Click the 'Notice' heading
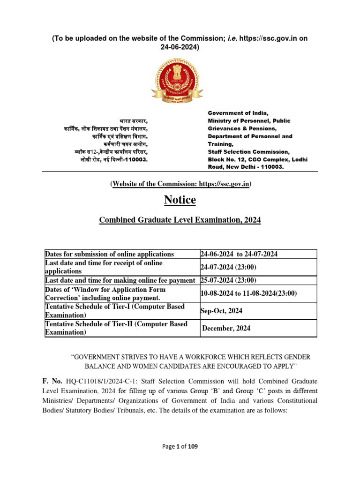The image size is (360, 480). (x=180, y=200)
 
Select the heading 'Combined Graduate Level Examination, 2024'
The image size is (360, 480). (x=180, y=220)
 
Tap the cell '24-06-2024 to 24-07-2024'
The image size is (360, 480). (x=239, y=254)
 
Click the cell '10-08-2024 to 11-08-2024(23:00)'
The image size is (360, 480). (x=248, y=293)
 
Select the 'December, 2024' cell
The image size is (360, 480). (x=226, y=328)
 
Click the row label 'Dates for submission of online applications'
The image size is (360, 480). (x=109, y=254)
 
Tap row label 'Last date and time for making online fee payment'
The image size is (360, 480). (x=120, y=280)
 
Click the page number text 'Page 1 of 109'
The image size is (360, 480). (x=180, y=447)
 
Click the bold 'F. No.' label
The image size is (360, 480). (x=54, y=381)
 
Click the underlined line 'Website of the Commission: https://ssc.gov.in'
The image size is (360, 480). (x=180, y=184)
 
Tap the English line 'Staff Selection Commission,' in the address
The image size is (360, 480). (x=248, y=151)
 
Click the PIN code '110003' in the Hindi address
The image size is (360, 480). (x=136, y=159)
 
